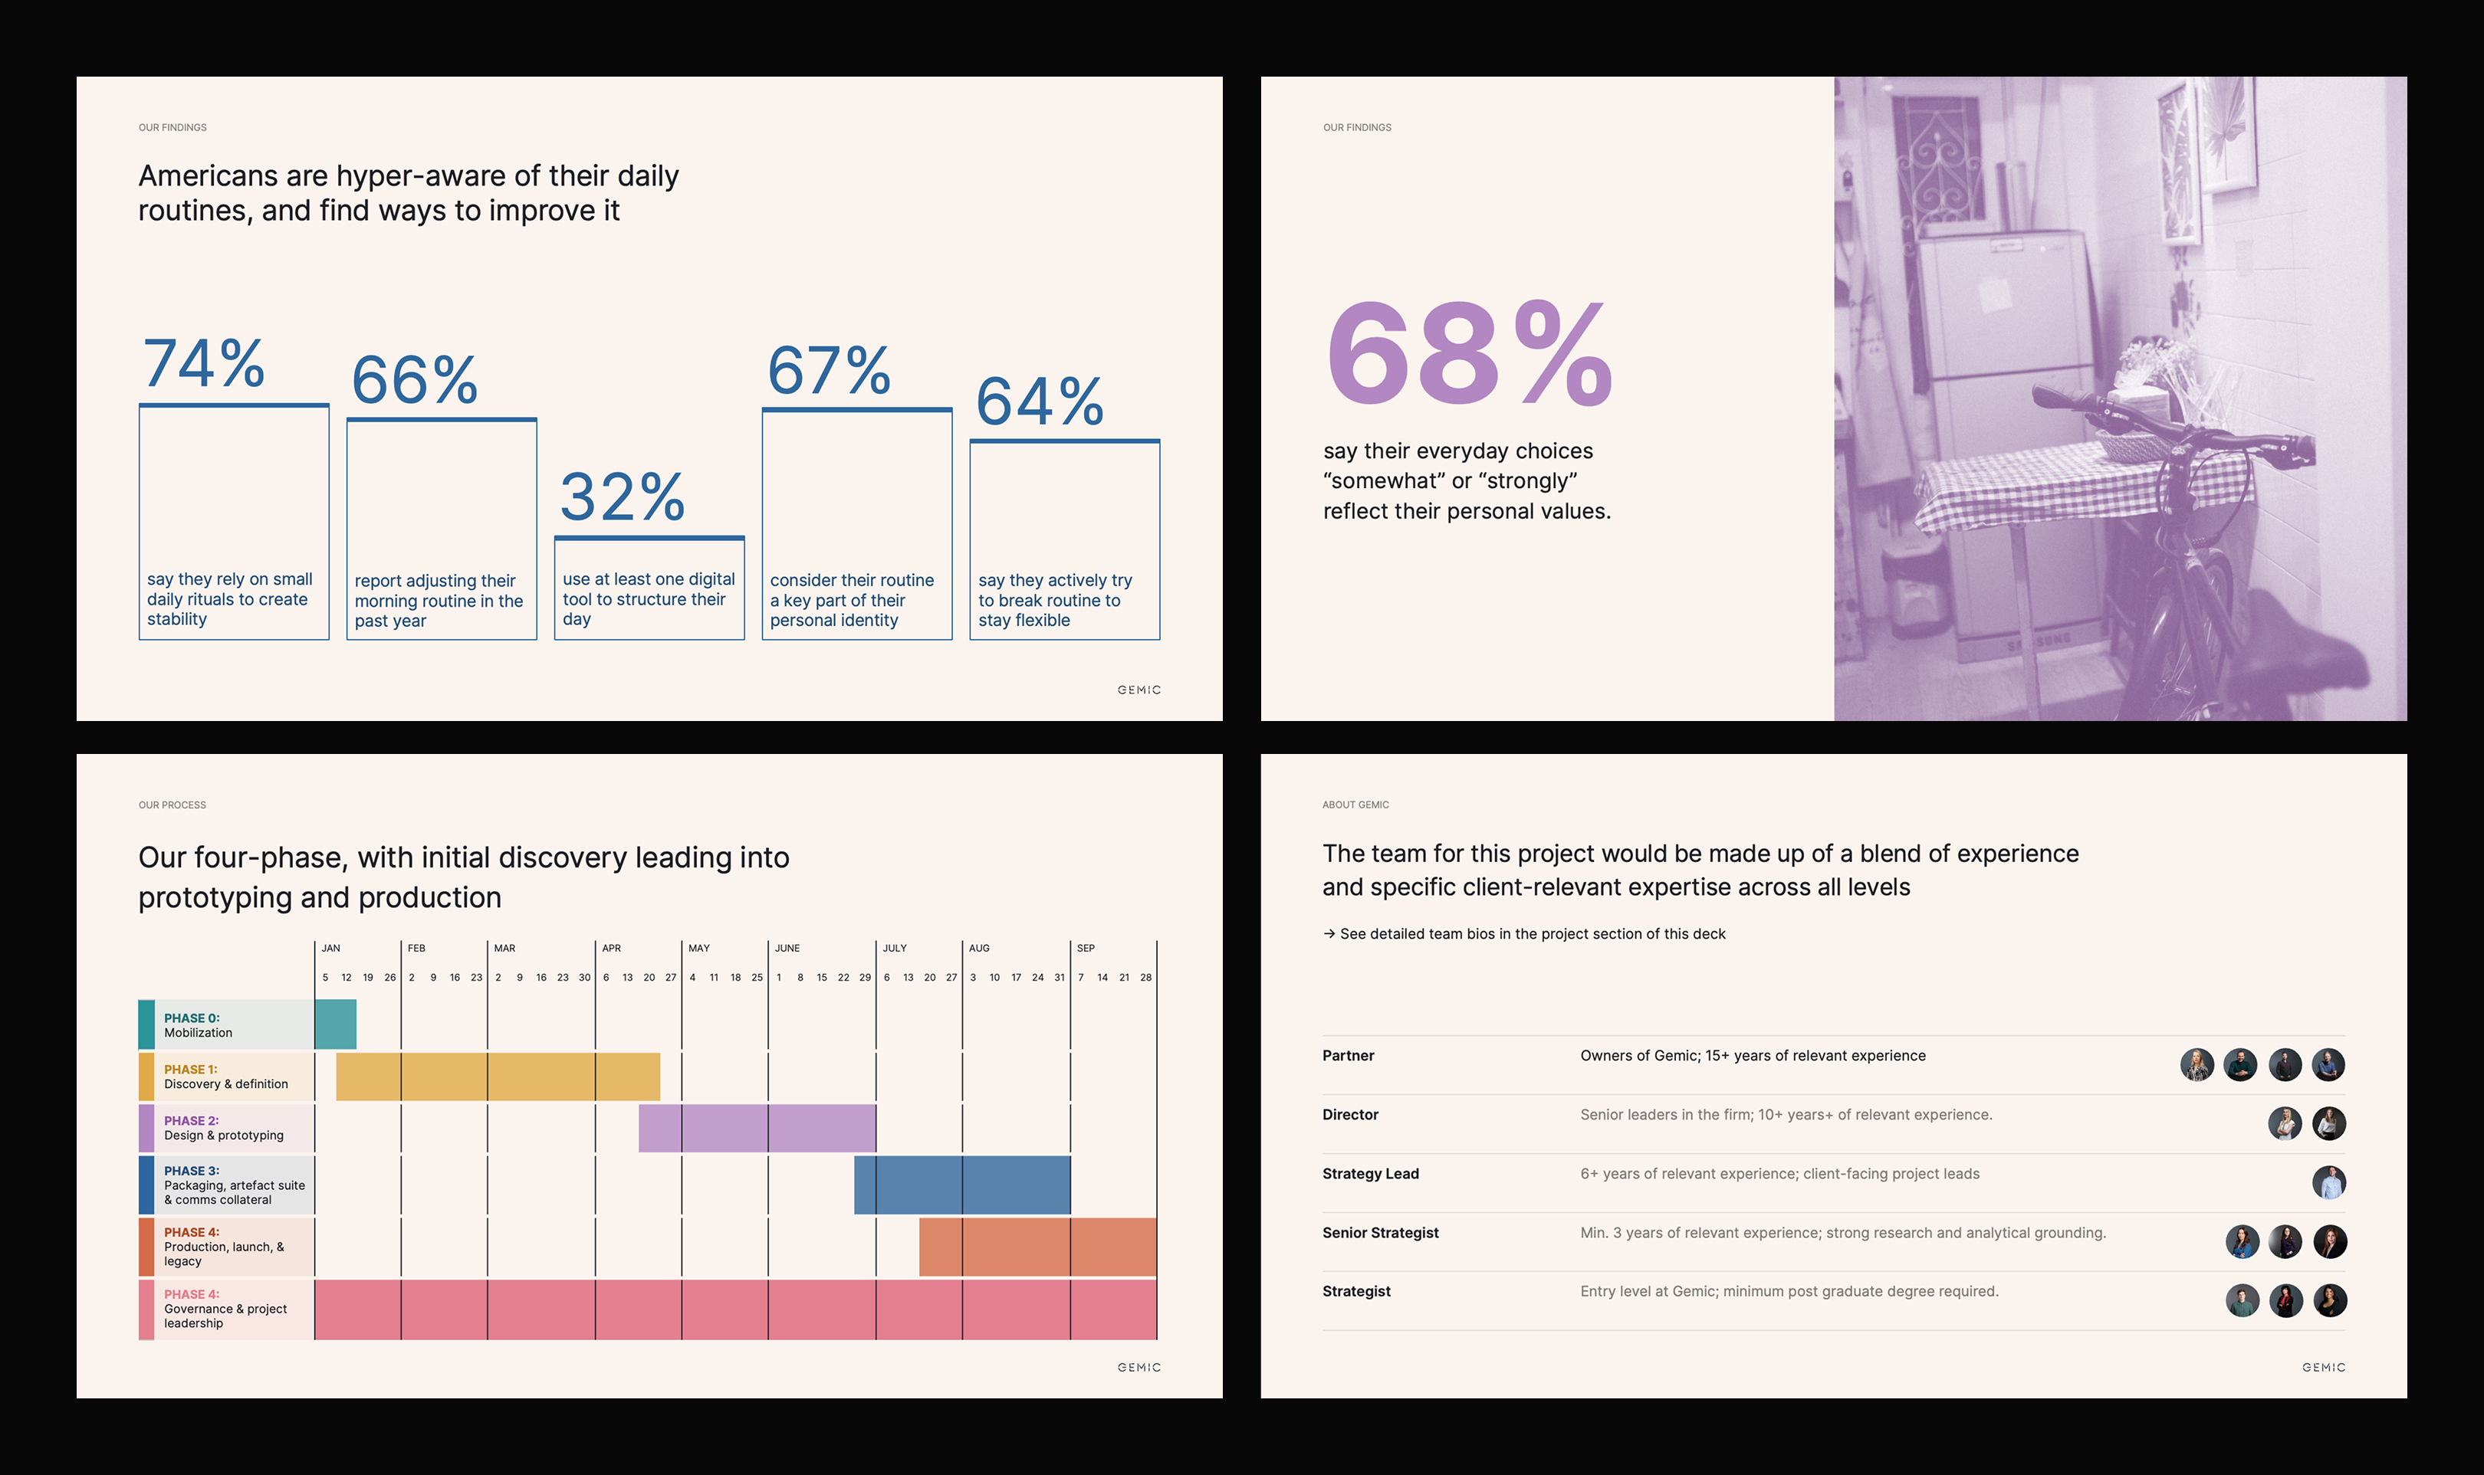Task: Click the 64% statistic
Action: (1039, 402)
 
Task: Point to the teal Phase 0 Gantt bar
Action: (335, 1024)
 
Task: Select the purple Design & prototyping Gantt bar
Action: (757, 1128)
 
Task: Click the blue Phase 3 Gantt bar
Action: (961, 1185)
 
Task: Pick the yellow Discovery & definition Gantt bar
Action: (498, 1077)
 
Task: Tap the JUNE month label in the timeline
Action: (787, 949)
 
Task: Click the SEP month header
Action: (1085, 949)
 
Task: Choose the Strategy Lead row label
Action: (1370, 1174)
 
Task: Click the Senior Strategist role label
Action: (1380, 1232)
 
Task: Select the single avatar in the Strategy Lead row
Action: (2329, 1183)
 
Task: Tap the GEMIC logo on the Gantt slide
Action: (1138, 1368)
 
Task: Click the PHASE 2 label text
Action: (191, 1121)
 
